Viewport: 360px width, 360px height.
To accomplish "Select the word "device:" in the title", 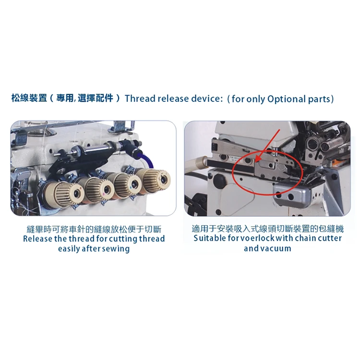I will point(207,99).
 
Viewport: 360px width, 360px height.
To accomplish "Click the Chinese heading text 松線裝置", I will point(29,99).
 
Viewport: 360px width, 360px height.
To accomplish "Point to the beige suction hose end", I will point(192,165).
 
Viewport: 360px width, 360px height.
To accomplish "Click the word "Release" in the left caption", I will point(38,239).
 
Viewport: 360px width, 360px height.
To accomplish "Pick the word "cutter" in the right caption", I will point(328,239).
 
